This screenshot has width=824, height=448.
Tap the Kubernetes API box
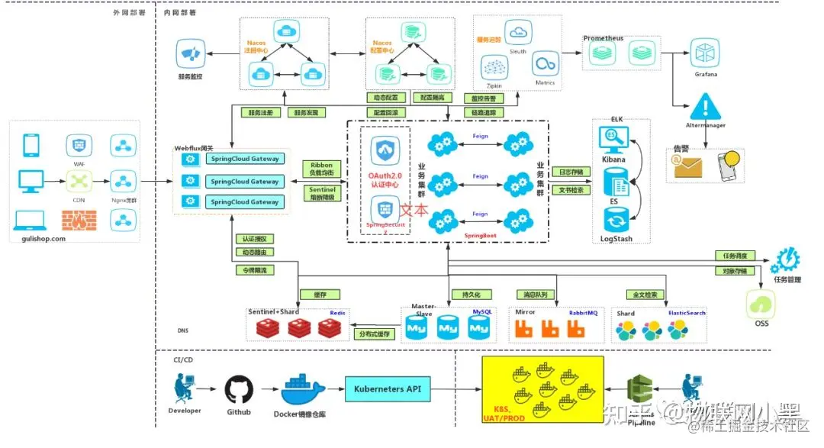[x=388, y=389]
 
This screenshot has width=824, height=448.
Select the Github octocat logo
[x=238, y=390]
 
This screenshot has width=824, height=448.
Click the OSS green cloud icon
[x=761, y=305]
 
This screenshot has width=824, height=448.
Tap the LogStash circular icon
[x=615, y=222]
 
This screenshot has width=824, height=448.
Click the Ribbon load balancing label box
[x=322, y=169]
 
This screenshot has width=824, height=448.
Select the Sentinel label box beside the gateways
[x=322, y=192]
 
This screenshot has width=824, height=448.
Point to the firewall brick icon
[x=78, y=221]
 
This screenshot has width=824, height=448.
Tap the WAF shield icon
[x=78, y=143]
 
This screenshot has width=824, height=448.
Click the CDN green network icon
[x=78, y=181]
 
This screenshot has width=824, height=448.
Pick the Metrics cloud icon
[x=545, y=64]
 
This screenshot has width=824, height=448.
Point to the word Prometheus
[x=604, y=38]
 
